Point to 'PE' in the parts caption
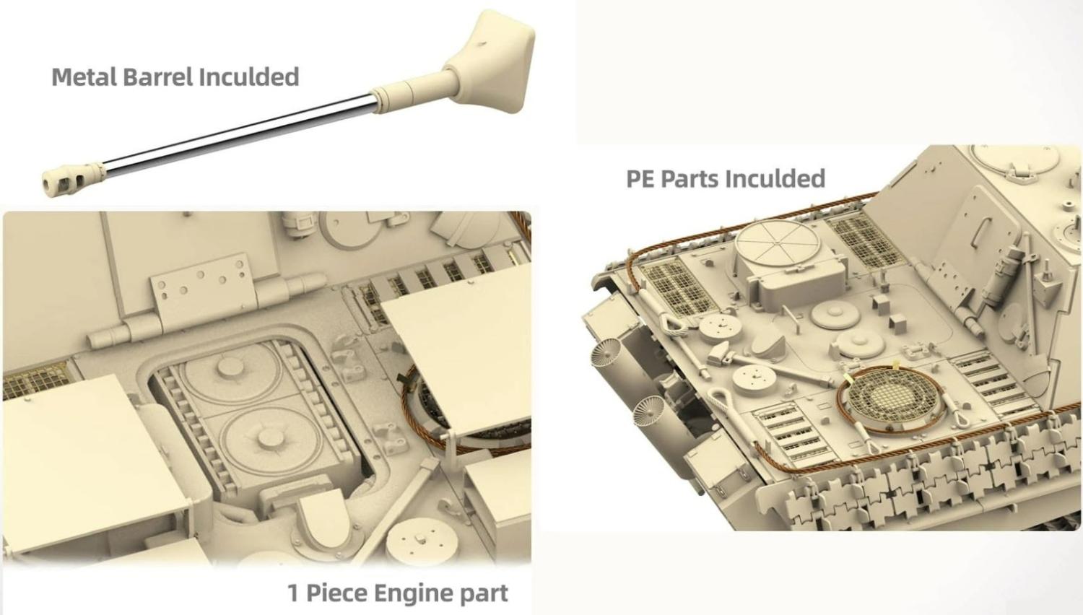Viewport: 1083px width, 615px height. (640, 178)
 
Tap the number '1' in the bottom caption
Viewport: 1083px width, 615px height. (292, 593)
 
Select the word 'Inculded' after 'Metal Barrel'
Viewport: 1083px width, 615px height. (249, 77)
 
